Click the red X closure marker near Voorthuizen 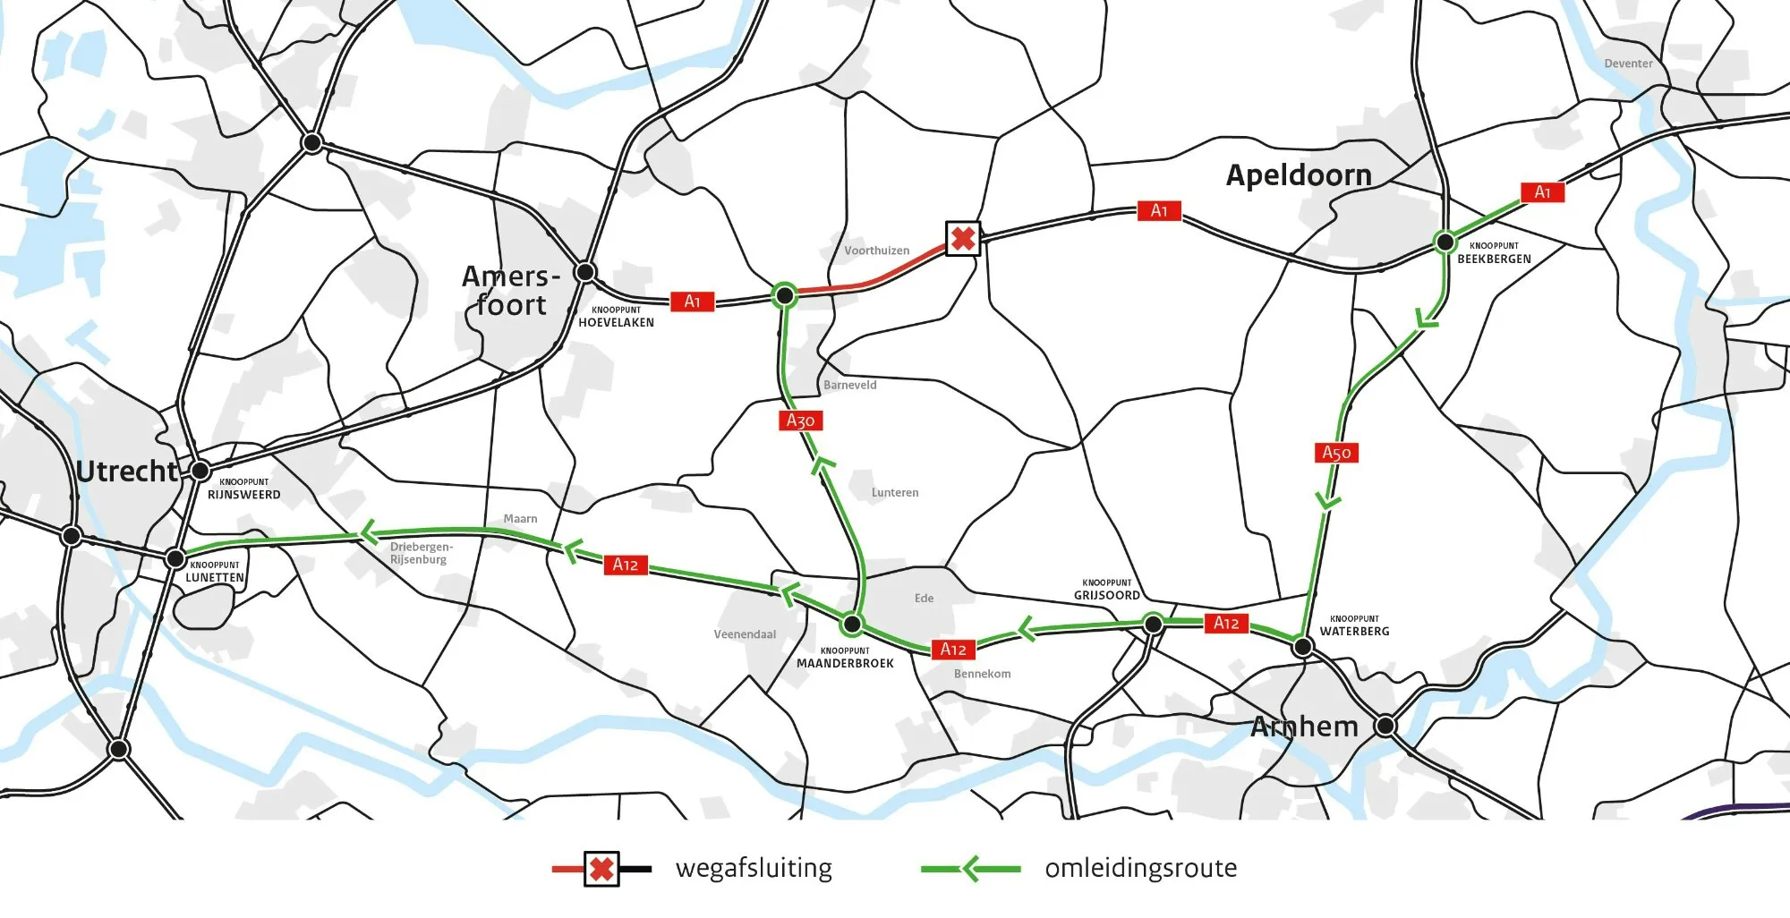point(963,239)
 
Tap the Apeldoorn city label point(1299,174)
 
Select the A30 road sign point(800,421)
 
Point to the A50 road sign point(1336,453)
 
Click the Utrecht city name point(127,471)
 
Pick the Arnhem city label point(1304,726)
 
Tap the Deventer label point(1628,64)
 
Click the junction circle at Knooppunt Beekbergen point(1445,242)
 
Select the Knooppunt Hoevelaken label point(616,318)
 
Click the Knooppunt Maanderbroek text point(845,659)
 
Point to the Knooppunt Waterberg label point(1354,625)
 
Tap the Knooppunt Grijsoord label point(1107,590)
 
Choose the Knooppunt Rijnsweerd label point(243,489)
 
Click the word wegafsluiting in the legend point(754,868)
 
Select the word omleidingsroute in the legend point(1140,868)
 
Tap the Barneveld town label point(849,385)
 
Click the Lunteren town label point(894,492)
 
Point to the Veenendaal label point(745,634)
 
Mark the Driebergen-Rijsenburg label point(421,553)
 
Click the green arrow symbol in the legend point(970,868)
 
